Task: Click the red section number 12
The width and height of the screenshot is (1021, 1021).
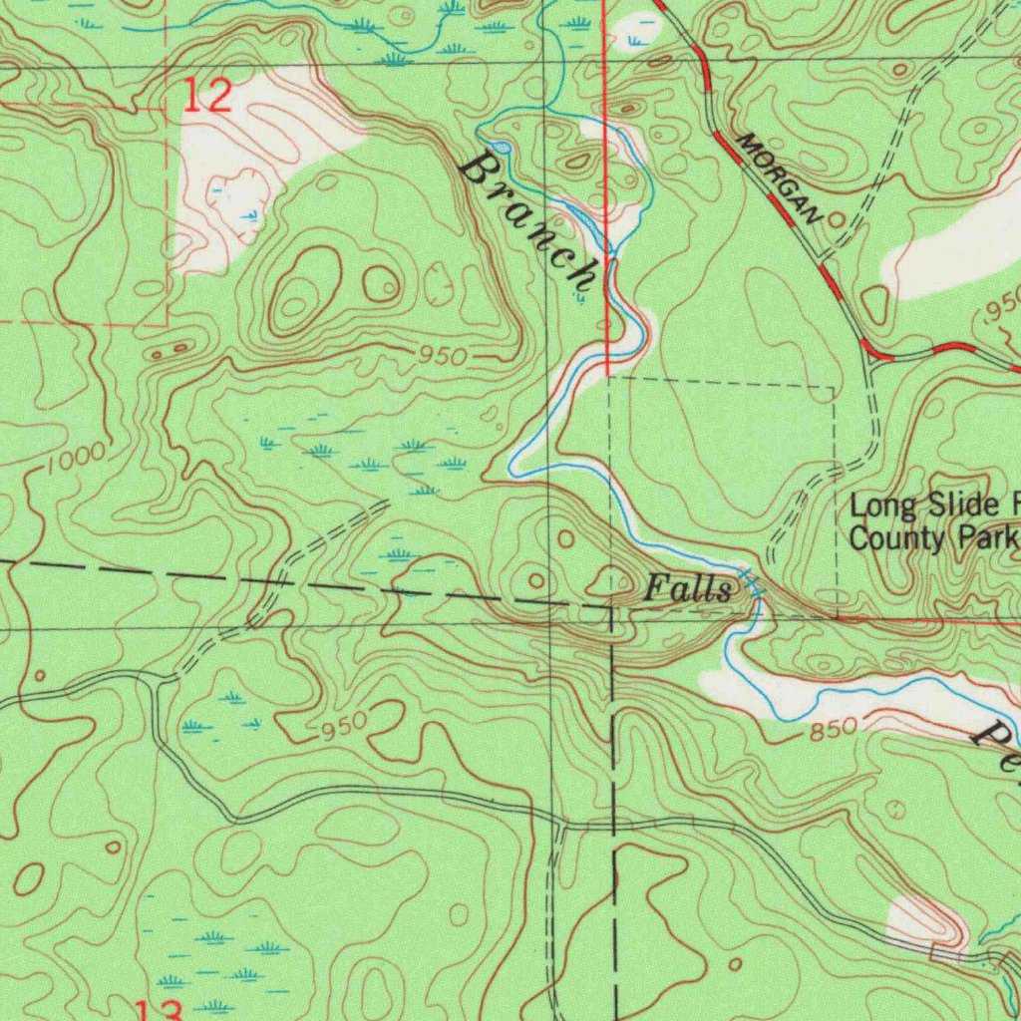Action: [x=208, y=96]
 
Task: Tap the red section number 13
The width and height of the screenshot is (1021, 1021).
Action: [x=160, y=1009]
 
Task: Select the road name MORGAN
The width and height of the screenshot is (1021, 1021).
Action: [x=783, y=176]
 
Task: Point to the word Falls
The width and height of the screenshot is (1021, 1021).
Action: [x=688, y=588]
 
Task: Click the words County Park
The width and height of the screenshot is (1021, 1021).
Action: [x=932, y=538]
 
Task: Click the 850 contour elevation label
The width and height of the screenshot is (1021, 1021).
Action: [x=833, y=730]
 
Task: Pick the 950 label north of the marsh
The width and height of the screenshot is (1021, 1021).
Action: [x=442, y=356]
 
